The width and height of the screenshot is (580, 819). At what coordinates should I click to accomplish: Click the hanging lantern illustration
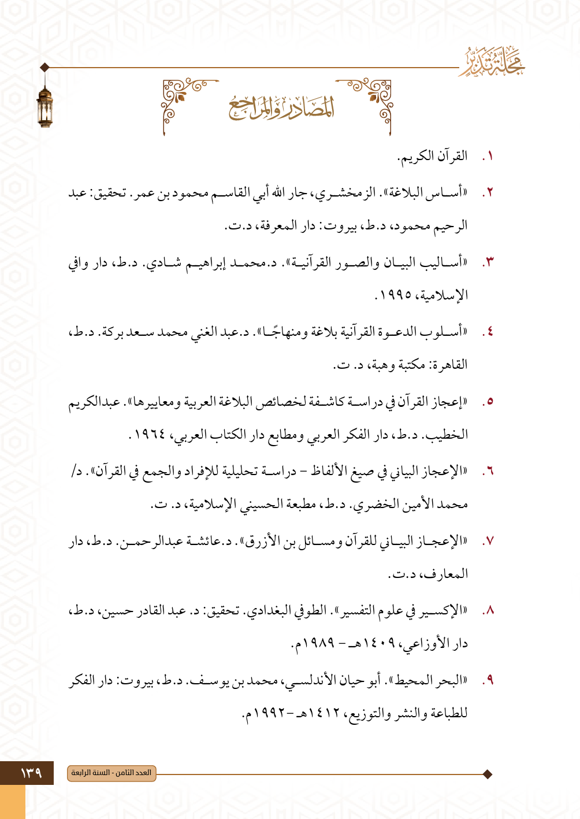(x=44, y=101)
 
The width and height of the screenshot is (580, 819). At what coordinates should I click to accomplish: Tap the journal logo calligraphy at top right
(x=493, y=62)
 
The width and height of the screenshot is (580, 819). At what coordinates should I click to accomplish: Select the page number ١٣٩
(x=31, y=773)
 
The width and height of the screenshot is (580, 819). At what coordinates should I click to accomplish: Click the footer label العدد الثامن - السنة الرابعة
(x=111, y=773)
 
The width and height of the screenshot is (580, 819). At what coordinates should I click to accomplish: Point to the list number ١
(x=489, y=157)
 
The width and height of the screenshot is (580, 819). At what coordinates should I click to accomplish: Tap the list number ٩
(x=489, y=680)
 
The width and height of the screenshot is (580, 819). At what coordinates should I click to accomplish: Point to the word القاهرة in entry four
(x=448, y=365)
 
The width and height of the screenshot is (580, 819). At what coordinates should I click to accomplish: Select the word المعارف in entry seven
(x=444, y=575)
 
